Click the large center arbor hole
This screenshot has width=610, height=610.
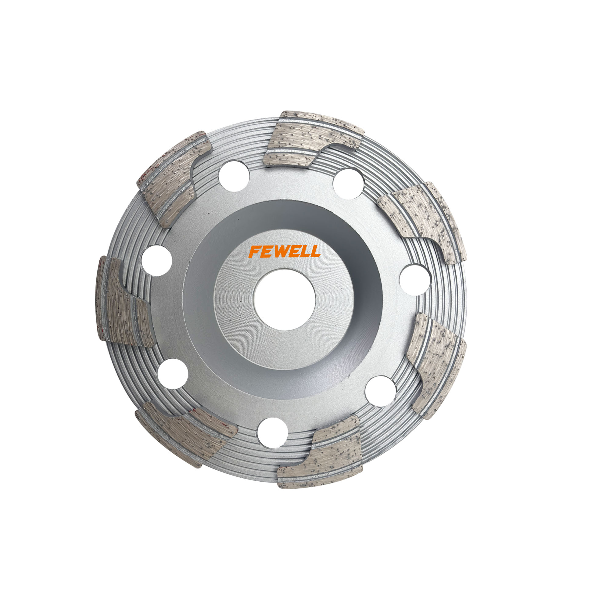tap(284, 300)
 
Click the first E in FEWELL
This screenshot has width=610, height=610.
tap(267, 252)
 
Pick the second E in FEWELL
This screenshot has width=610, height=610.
tap(298, 252)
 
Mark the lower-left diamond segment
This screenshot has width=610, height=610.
tap(186, 432)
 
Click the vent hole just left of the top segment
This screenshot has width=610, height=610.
tap(234, 176)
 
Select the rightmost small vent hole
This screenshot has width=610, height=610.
tap(415, 280)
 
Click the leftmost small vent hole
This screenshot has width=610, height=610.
tap(156, 261)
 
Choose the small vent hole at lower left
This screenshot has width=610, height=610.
tap(172, 374)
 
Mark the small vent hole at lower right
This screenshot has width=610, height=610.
tap(380, 391)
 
